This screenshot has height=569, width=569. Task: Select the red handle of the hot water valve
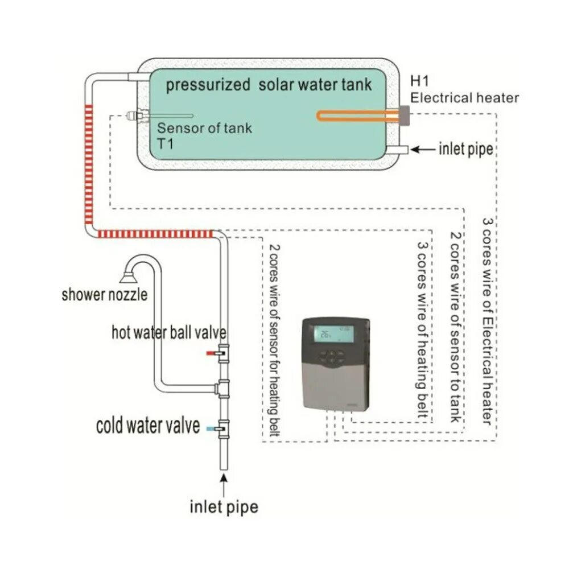211,353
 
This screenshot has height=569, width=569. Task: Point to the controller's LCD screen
334,334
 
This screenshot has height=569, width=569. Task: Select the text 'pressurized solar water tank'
268,85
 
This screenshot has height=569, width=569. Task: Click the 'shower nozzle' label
105,295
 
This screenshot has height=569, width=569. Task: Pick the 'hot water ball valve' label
169,332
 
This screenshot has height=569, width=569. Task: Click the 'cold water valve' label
148,426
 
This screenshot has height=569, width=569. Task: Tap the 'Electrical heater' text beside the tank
465,98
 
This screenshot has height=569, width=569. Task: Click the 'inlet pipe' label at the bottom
224,506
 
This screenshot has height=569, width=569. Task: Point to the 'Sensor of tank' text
204,128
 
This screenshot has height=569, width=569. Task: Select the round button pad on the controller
331,357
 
